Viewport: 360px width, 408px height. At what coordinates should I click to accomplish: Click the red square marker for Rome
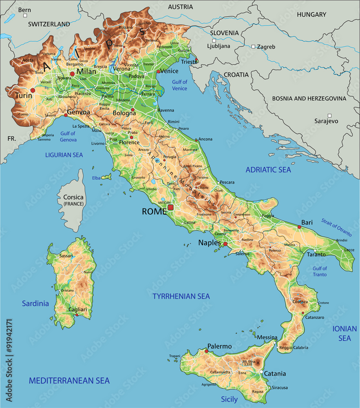[170, 208]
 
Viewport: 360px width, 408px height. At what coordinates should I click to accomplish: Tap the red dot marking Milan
[72, 74]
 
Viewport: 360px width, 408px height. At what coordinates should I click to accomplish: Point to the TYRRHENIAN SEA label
[181, 297]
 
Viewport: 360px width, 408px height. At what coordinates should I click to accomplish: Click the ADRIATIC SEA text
[268, 170]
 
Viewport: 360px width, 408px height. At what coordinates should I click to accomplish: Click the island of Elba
[107, 177]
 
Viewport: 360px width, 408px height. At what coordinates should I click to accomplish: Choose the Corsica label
[73, 197]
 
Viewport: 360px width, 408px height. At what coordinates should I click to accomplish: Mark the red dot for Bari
[299, 227]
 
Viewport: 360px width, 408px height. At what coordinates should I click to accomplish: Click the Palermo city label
[219, 346]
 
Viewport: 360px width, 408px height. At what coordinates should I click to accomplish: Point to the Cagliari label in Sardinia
[77, 310]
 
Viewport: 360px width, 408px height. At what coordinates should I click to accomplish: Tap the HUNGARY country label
[311, 15]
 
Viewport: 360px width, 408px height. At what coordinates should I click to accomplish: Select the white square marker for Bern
[25, 16]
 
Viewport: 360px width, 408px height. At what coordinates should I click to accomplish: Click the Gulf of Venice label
[179, 85]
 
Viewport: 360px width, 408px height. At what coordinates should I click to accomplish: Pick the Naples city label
[209, 243]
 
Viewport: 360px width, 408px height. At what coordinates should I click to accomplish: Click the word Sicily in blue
[229, 399]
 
